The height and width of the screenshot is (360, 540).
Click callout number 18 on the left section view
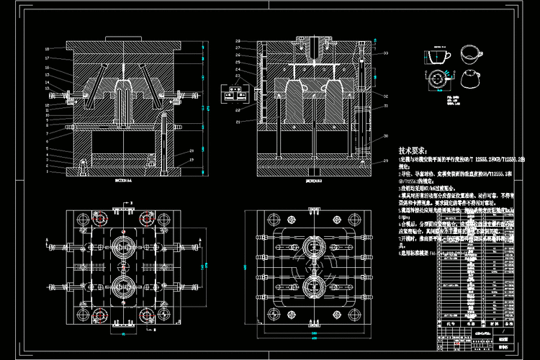point(47,49)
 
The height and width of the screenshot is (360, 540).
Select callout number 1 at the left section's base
point(47,171)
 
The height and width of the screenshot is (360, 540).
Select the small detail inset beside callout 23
point(234,92)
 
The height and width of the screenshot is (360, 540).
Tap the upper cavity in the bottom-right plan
point(314,245)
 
